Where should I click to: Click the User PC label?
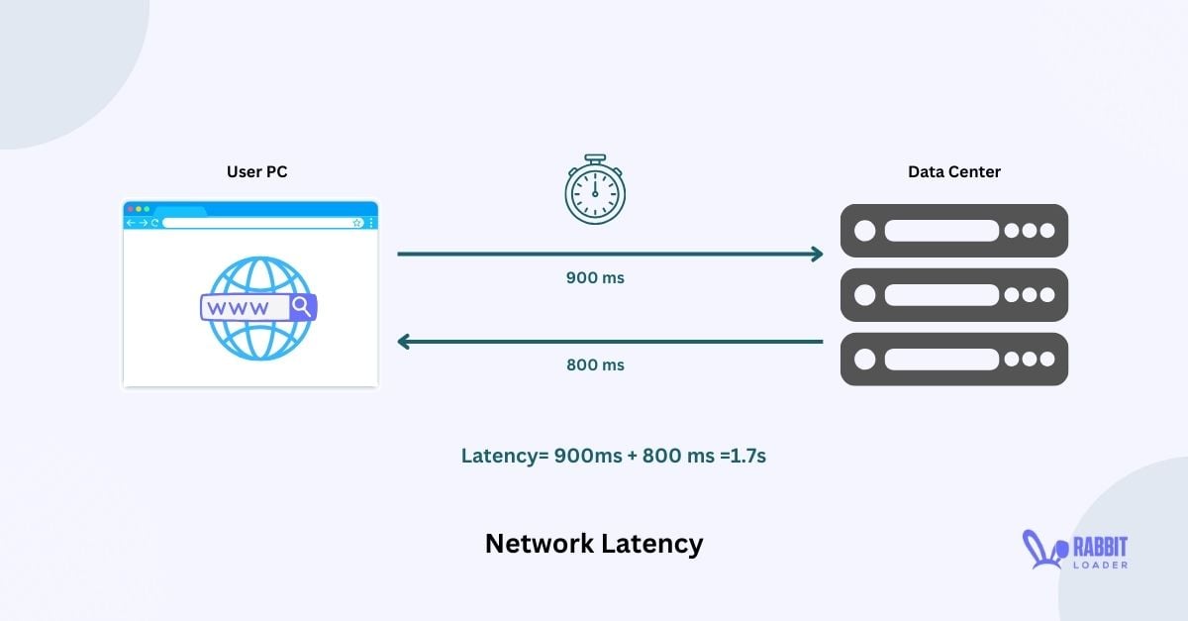coord(256,172)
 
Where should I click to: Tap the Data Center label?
coord(954,172)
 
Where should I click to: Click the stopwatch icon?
coord(595,189)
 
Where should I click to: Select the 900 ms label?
coord(595,277)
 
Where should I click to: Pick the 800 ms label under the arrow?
coord(595,365)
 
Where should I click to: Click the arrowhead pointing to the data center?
coord(818,255)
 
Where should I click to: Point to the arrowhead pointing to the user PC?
coord(404,342)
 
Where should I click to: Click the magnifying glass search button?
coord(303,307)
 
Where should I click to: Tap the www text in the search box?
coord(239,308)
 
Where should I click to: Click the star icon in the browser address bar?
coord(357,223)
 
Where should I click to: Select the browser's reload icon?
coord(154,223)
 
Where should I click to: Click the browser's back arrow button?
coord(131,223)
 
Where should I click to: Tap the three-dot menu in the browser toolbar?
coord(371,223)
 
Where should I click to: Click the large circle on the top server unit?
coord(865,231)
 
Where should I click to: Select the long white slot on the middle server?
coord(941,295)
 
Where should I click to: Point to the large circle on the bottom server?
coord(865,360)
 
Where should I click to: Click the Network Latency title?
coord(594,544)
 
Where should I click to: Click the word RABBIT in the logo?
coord(1101,548)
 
